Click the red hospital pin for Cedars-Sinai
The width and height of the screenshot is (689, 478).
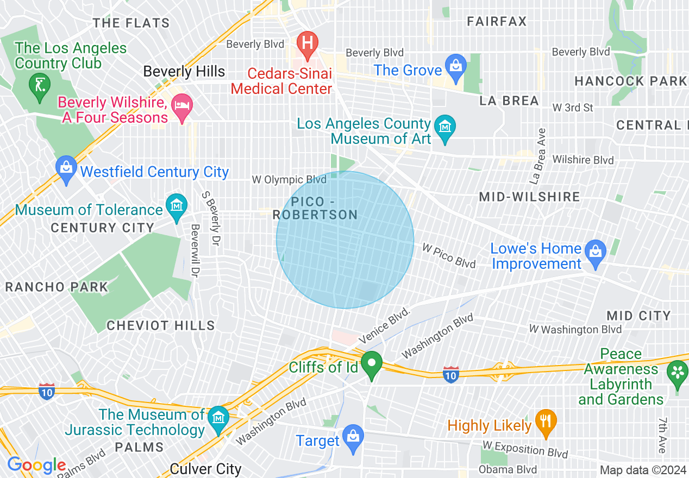pyautogui.click(x=307, y=42)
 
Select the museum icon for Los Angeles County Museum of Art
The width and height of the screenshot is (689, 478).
pyautogui.click(x=445, y=128)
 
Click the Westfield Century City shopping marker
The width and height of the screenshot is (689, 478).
pyautogui.click(x=66, y=168)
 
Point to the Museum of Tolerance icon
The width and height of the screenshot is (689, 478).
pyautogui.click(x=176, y=206)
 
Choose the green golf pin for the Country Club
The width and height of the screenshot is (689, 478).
pyautogui.click(x=40, y=85)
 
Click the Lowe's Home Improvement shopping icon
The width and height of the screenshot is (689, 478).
pyautogui.click(x=596, y=252)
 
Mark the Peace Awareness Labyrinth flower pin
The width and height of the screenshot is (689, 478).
pyautogui.click(x=678, y=374)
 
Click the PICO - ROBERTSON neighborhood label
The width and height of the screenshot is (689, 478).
pyautogui.click(x=316, y=208)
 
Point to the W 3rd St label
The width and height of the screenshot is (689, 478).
pyautogui.click(x=573, y=108)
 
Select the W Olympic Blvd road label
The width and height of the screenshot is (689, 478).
pyautogui.click(x=289, y=179)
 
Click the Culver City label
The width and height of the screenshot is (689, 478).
pyautogui.click(x=205, y=468)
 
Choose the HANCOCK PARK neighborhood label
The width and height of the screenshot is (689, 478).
pyautogui.click(x=630, y=81)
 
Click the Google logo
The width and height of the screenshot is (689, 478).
pyautogui.click(x=36, y=466)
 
